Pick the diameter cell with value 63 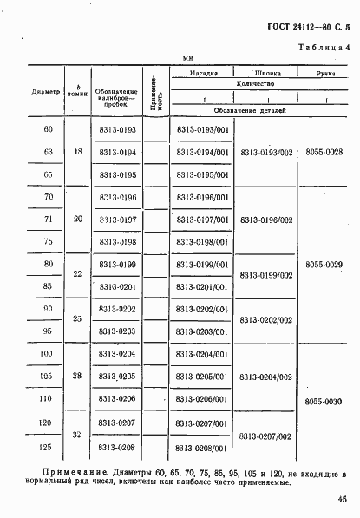point(48,152)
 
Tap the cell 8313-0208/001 point(201,449)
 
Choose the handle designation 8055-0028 point(324,152)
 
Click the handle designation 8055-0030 point(324,400)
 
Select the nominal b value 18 point(78,152)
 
